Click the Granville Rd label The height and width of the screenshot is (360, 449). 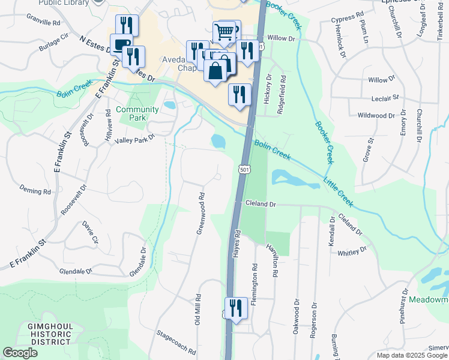click(44, 23)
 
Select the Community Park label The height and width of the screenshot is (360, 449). click(137, 113)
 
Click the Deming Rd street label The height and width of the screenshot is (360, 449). click(35, 191)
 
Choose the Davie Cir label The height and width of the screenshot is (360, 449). click(90, 232)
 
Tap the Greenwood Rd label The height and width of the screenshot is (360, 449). click(202, 213)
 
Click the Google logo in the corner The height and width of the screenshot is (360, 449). click(20, 353)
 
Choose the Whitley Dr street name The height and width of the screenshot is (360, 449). click(352, 251)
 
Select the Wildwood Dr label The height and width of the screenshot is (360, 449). click(376, 115)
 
